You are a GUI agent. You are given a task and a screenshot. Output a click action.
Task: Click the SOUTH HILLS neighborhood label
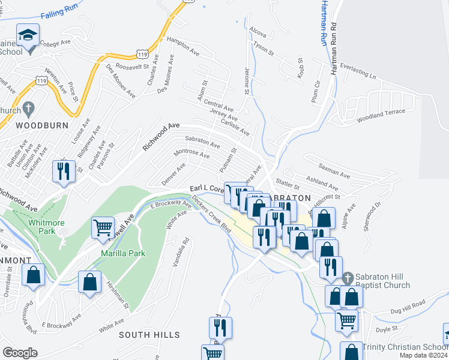click(149, 334)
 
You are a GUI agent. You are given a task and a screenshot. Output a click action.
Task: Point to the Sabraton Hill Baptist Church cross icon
click(348, 278)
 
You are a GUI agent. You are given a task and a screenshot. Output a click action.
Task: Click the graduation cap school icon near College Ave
click(28, 36)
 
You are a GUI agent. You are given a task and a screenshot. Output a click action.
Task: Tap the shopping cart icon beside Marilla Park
click(103, 228)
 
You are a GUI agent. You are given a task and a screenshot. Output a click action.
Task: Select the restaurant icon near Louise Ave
click(63, 171)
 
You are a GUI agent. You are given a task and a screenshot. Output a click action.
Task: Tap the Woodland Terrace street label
click(381, 115)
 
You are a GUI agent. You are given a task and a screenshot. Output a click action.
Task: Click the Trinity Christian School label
click(402, 347)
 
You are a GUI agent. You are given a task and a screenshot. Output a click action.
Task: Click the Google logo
click(20, 353)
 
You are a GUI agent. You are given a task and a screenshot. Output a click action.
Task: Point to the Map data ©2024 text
click(424, 356)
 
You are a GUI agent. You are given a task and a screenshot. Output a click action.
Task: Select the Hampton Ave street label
click(183, 46)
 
